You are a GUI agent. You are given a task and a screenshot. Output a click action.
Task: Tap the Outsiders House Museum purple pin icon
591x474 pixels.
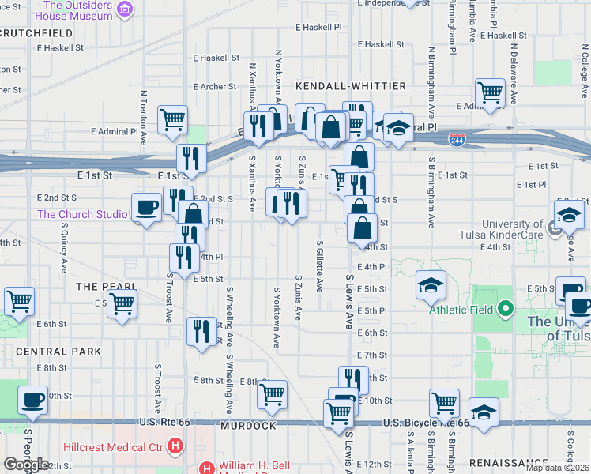click(x=124, y=9)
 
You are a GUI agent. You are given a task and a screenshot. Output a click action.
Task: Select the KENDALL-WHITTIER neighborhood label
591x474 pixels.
click(x=351, y=85)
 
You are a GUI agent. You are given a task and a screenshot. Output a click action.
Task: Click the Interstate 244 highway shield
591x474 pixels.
click(x=457, y=140)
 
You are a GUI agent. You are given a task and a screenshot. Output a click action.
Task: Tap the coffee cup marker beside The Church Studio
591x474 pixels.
click(x=147, y=208)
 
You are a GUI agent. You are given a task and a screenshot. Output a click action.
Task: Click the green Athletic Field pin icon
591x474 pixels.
click(x=506, y=309)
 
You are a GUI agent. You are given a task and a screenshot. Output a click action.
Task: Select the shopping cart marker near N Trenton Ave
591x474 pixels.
click(x=172, y=119)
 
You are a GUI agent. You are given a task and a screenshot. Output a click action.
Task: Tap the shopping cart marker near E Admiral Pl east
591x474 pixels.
click(x=491, y=92)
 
